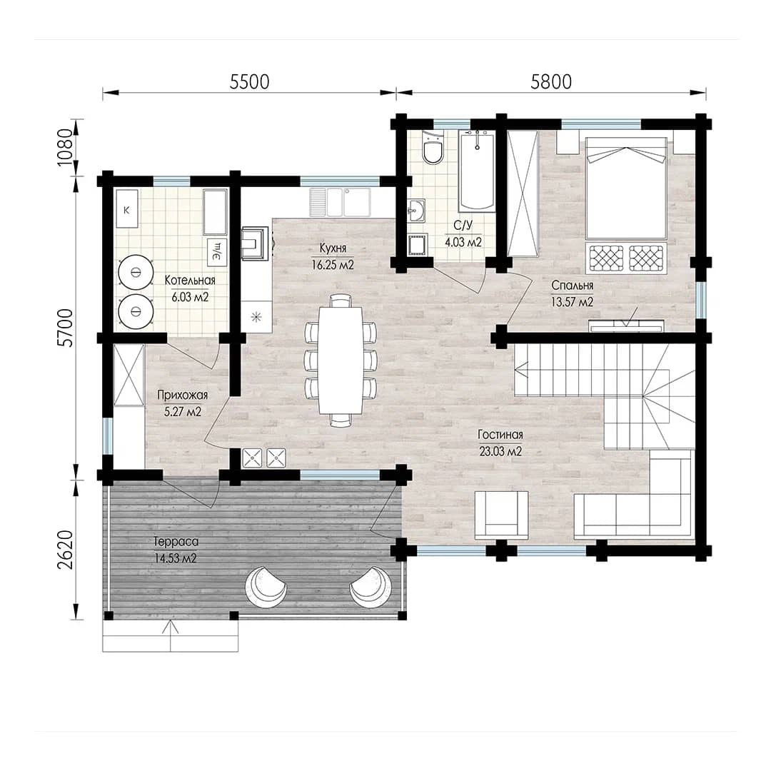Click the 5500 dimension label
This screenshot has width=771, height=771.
pyautogui.click(x=249, y=81)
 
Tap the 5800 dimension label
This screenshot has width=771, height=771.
pyautogui.click(x=551, y=81)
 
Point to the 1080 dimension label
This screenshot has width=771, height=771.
pyautogui.click(x=65, y=147)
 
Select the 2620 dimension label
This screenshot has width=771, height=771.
pyautogui.click(x=65, y=549)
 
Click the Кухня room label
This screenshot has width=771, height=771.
pyautogui.click(x=333, y=248)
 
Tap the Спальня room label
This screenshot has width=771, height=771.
pyautogui.click(x=573, y=285)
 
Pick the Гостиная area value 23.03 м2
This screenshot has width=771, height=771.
pyautogui.click(x=500, y=451)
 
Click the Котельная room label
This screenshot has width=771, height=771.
pyautogui.click(x=190, y=281)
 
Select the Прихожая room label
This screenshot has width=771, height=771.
pyautogui.click(x=183, y=395)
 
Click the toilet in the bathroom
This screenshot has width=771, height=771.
pyautogui.click(x=433, y=148)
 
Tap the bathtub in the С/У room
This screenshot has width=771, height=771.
pyautogui.click(x=476, y=171)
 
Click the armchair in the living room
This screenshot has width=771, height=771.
pyautogui.click(x=501, y=515)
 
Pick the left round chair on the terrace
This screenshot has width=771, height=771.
pyautogui.click(x=266, y=587)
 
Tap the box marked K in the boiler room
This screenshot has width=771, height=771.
pyautogui.click(x=127, y=208)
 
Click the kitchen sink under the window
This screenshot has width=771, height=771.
pyautogui.click(x=340, y=202)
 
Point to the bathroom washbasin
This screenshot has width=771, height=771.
pyautogui.click(x=417, y=211)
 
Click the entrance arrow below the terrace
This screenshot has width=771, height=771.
pyautogui.click(x=170, y=635)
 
